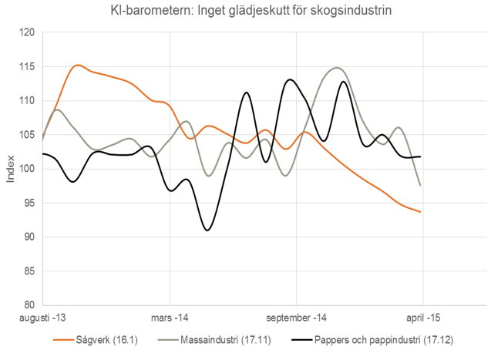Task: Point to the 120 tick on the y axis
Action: click(29, 33)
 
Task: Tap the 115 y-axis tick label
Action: click(29, 67)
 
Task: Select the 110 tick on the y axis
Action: click(29, 101)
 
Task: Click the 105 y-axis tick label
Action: click(29, 135)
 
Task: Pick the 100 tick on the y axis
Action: click(29, 169)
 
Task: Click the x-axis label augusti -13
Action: click(43, 318)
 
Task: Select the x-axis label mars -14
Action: click(170, 318)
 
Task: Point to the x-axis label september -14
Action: click(296, 318)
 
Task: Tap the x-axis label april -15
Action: click(422, 318)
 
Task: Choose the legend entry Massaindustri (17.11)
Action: click(224, 340)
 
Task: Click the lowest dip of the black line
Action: click(207, 230)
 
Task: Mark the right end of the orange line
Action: click(420, 212)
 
